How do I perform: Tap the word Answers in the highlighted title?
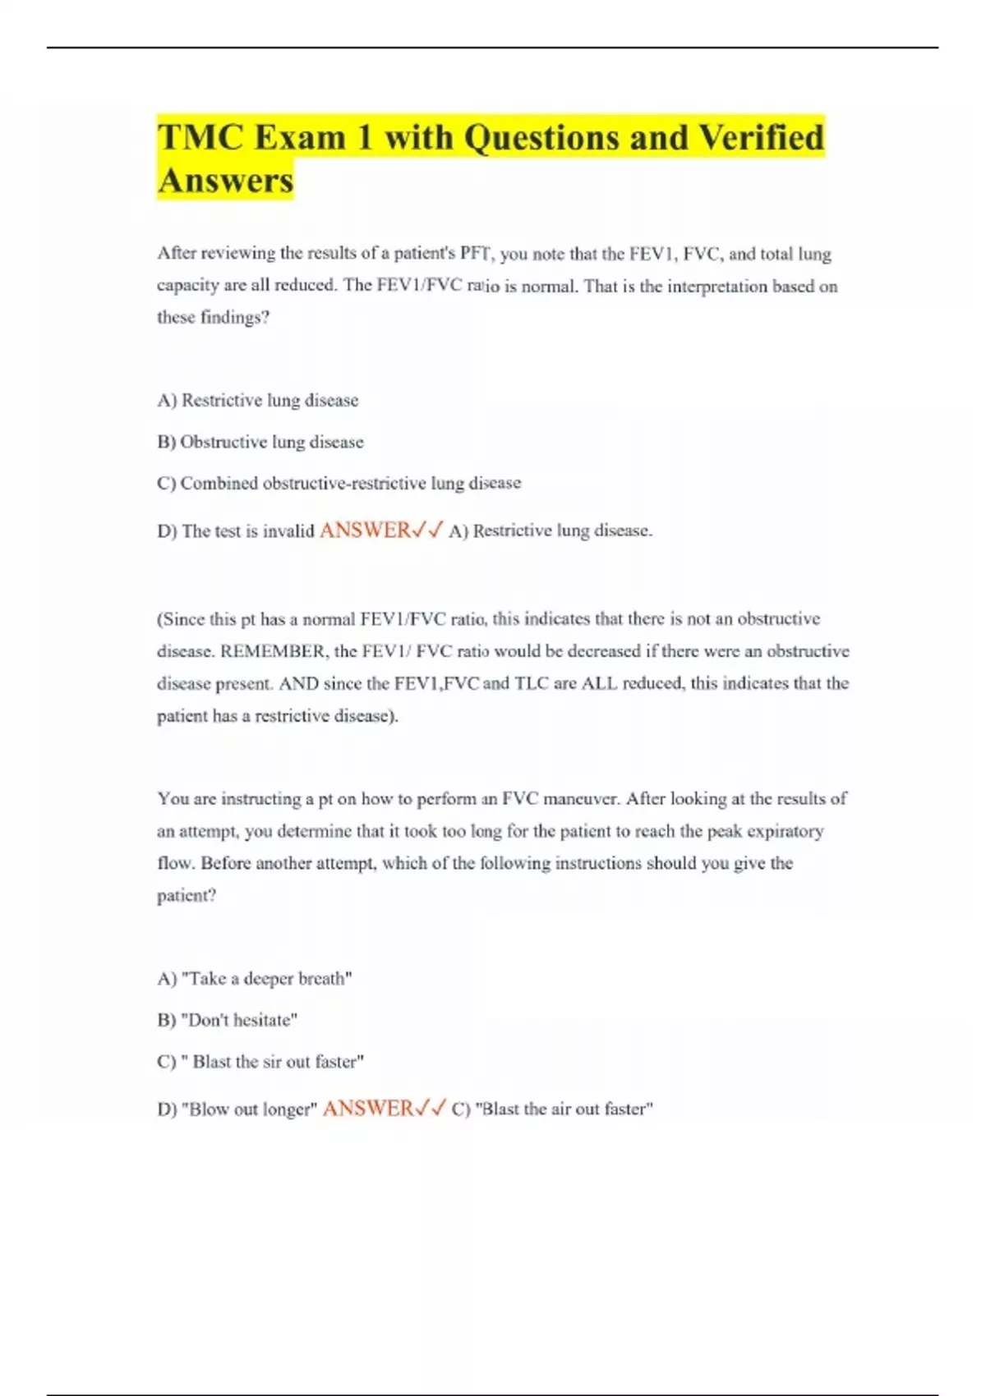coord(225,181)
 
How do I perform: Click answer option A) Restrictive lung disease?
coord(257,401)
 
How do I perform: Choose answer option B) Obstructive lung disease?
coord(260,442)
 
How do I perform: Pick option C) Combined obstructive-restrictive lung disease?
coord(339,483)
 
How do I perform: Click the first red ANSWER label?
coord(365,530)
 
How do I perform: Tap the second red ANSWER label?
coord(368,1109)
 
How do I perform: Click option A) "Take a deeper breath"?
coord(254,979)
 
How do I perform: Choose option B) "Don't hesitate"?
coord(227,1020)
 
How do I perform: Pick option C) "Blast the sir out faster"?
coord(260,1062)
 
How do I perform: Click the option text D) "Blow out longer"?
coord(237,1109)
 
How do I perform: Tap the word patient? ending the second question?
coord(187,895)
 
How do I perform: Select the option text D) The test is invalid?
coord(236,531)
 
